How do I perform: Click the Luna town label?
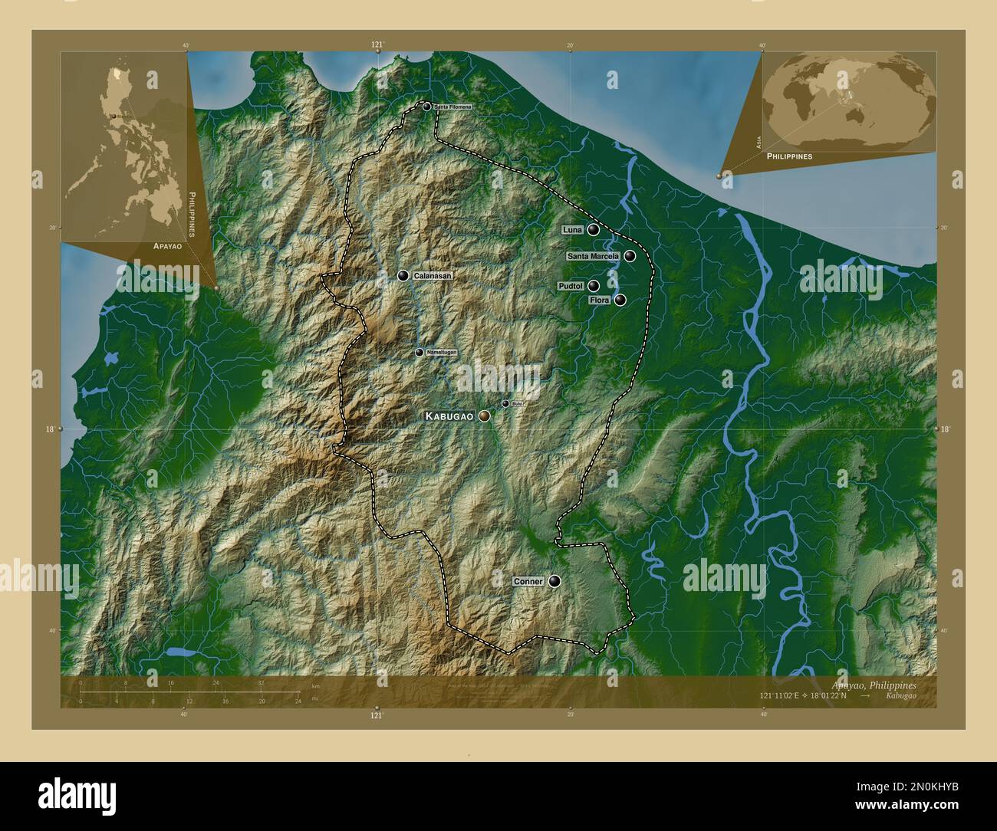tap(572, 229)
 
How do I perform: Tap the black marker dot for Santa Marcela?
tap(630, 256)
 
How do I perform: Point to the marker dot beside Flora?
tap(620, 300)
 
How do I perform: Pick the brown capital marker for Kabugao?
tap(484, 415)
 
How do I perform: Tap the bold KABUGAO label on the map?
tap(449, 415)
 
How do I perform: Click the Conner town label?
tap(528, 581)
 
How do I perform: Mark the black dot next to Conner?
tap(554, 581)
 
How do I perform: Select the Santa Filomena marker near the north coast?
tap(426, 107)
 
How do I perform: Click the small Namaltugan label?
tap(441, 352)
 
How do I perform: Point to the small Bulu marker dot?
tap(505, 403)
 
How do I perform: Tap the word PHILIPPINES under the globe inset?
tap(789, 156)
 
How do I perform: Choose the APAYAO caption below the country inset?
tap(167, 247)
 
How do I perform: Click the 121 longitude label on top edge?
tap(377, 45)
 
